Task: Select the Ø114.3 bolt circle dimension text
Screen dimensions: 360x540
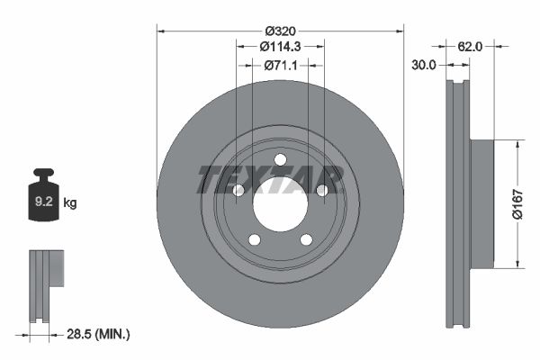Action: click(280, 46)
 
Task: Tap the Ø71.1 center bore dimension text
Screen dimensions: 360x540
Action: click(280, 65)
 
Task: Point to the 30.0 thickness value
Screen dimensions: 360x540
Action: click(423, 65)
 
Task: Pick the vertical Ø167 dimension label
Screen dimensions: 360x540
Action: click(517, 203)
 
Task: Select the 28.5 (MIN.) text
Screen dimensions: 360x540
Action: click(100, 334)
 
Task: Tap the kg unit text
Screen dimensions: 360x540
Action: click(70, 203)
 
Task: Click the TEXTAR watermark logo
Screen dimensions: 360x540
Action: click(270, 179)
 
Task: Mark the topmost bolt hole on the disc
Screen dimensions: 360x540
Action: click(280, 160)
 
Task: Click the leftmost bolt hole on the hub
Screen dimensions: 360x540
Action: click(238, 190)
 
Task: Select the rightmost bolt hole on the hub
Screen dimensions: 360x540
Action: click(321, 190)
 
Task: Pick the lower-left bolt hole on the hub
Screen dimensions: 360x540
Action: click(255, 238)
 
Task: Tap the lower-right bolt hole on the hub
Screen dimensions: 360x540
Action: click(305, 238)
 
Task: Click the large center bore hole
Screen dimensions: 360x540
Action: click(280, 204)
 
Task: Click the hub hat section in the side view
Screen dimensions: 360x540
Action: click(483, 203)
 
